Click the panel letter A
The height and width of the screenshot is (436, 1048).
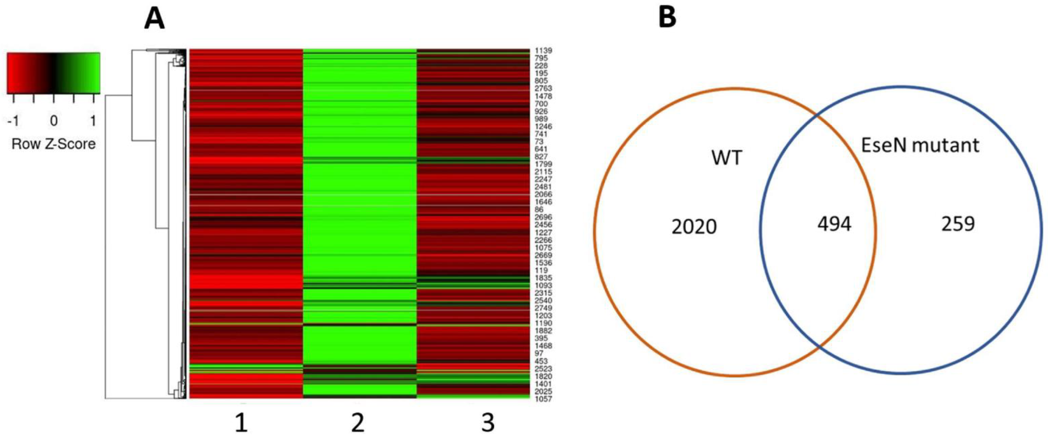point(155,19)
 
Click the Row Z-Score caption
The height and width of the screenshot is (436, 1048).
point(53,144)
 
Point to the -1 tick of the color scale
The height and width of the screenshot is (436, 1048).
point(13,121)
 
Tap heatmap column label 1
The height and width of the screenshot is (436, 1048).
point(241,423)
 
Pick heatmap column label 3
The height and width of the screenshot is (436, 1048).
point(488,423)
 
